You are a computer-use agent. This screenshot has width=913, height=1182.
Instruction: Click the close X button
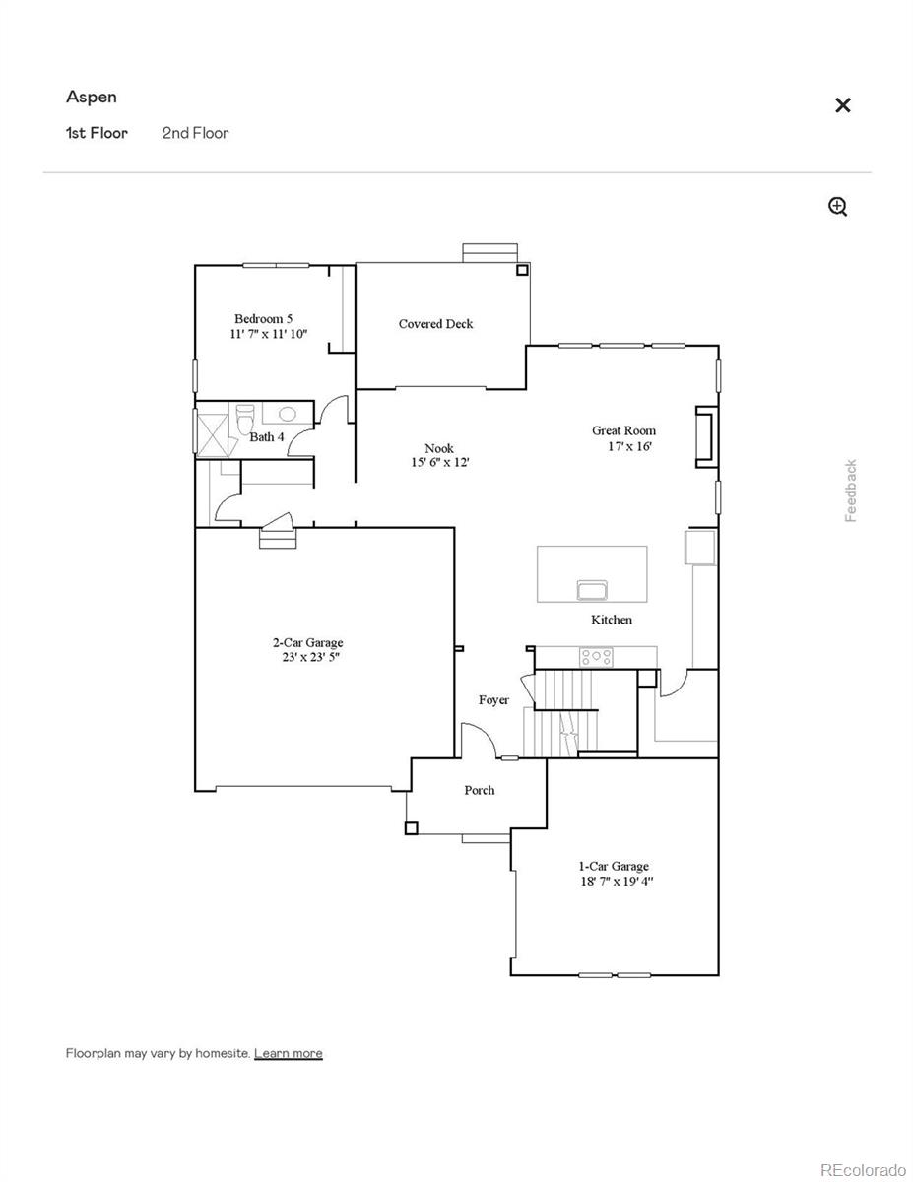tap(842, 105)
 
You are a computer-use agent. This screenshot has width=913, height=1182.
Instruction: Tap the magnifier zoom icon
tap(837, 206)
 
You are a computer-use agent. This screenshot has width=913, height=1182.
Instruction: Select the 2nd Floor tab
tap(195, 133)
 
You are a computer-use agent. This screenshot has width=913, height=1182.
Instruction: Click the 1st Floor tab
tap(97, 133)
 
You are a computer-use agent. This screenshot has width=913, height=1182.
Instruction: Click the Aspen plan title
tap(92, 97)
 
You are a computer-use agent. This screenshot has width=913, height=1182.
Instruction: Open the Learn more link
tap(288, 1053)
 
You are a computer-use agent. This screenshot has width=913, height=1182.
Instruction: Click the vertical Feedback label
tap(851, 491)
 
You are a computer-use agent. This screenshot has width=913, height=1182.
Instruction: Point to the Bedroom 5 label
tap(263, 319)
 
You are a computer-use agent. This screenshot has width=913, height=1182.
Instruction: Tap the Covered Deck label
tap(435, 324)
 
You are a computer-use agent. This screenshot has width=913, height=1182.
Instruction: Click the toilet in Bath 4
tap(246, 417)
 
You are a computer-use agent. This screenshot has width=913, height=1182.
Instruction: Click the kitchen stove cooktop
tap(595, 656)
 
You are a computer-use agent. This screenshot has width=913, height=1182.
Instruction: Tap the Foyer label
tap(493, 700)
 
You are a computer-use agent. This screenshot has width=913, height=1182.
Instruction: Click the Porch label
tap(480, 790)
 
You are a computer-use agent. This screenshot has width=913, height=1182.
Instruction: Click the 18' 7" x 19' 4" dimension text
tap(617, 882)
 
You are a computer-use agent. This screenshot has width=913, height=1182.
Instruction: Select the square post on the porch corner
tap(411, 828)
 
